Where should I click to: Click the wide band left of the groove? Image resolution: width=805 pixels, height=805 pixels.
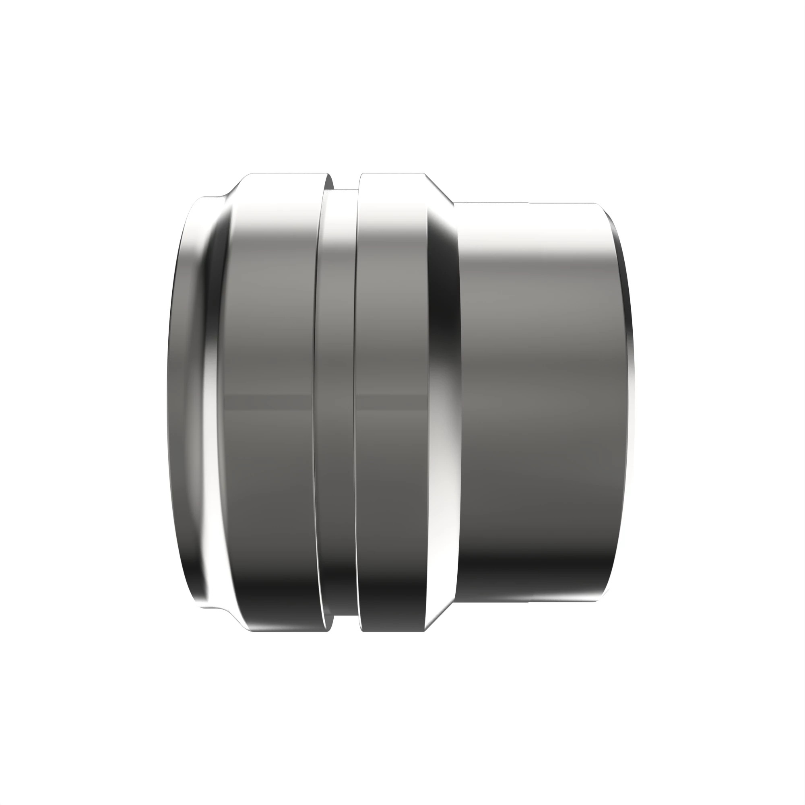click(x=271, y=333)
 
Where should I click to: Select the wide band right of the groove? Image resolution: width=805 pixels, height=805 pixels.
click(x=392, y=333)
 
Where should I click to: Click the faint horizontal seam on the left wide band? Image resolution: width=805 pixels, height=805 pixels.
click(x=271, y=401)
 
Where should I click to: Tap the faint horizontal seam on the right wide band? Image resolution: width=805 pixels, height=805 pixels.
click(x=392, y=401)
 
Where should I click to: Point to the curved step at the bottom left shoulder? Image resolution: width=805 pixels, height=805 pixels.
click(x=227, y=612)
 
